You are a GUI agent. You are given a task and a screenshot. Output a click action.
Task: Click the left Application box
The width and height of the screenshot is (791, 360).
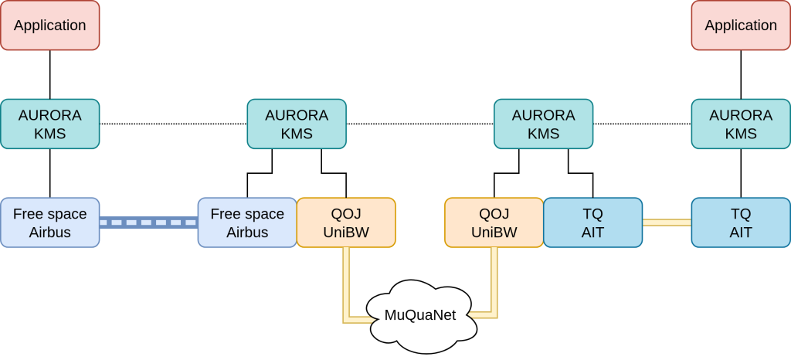pos(50,25)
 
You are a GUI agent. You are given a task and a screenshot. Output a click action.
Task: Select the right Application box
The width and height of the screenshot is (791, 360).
pos(741,25)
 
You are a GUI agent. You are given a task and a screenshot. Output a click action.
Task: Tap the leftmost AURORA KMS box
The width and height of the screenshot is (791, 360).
pos(50,124)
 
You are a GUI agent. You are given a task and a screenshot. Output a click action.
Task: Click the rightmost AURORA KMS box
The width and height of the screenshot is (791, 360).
pos(741,124)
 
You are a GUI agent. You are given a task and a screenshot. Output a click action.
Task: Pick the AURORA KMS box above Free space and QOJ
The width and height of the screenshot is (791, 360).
pos(297,124)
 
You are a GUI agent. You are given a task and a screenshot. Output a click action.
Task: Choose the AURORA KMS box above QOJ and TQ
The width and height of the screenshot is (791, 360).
pos(543,124)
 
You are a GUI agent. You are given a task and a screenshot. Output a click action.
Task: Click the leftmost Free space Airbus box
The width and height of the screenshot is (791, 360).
pos(50,222)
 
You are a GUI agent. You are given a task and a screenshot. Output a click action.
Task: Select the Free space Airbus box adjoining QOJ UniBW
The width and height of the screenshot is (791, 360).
pos(247,222)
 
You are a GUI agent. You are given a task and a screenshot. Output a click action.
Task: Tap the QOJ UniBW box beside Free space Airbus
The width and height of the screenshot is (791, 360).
pos(346,222)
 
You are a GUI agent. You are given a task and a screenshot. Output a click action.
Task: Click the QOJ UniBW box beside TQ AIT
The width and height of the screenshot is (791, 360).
pos(494,222)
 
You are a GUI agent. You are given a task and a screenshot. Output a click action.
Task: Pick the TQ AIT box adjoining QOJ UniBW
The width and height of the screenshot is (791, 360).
pos(592,222)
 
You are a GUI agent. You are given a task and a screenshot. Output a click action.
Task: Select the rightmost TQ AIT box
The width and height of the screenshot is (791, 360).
pos(741,222)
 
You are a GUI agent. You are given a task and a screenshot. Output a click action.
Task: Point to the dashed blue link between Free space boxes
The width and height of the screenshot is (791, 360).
pos(148,222)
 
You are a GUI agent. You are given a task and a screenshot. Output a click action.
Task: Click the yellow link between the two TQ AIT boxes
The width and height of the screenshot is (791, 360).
pos(667,222)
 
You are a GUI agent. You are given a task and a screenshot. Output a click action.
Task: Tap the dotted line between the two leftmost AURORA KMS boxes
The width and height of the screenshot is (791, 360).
pos(173,124)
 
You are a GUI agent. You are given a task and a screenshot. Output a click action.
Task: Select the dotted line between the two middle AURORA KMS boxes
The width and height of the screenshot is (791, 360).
pos(419,124)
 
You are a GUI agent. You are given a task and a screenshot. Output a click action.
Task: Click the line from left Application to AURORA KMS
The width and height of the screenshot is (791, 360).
pos(50,74)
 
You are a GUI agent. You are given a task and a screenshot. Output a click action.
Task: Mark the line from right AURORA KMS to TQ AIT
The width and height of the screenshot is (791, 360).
pos(741,173)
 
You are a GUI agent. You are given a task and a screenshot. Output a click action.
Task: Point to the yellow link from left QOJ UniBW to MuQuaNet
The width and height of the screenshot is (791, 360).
pos(346,286)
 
